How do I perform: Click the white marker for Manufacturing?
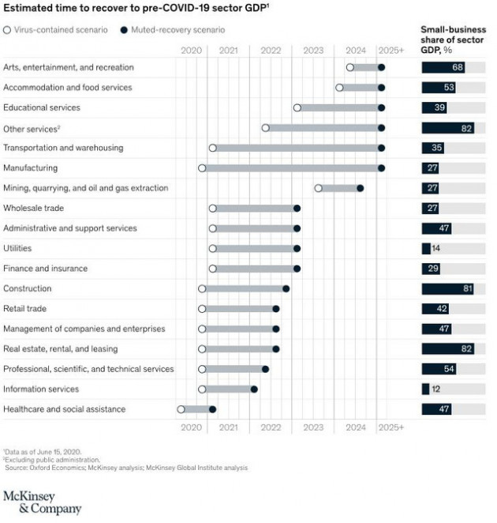tap(202, 167)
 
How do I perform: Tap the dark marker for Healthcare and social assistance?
tap(212, 409)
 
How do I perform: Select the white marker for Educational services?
tap(297, 107)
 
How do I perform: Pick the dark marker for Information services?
tap(254, 389)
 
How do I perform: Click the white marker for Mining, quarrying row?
tap(318, 188)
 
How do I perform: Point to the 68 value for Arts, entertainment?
tap(457, 67)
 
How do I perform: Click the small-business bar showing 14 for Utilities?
tap(427, 248)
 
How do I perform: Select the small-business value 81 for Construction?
tap(467, 288)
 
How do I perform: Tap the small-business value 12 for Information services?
tap(435, 389)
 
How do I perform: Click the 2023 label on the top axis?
tap(312, 50)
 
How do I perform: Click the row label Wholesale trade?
tap(34, 208)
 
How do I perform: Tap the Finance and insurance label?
tap(45, 268)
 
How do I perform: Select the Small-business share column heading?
tap(452, 38)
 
